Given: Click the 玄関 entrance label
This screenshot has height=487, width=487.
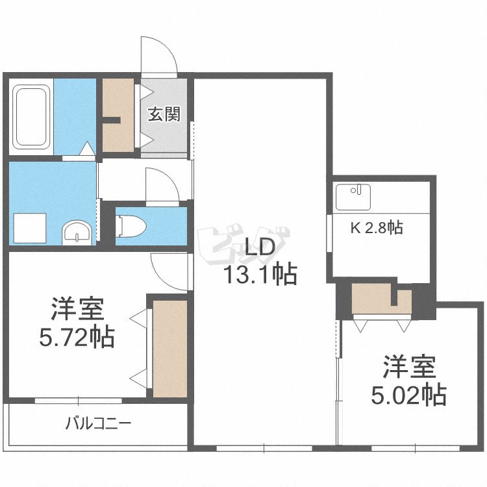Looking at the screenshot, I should click(164, 114).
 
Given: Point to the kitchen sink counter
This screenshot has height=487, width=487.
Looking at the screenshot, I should click(353, 197).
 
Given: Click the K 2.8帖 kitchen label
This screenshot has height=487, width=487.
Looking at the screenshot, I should click(377, 227).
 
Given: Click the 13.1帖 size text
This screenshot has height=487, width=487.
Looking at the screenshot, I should click(260, 275).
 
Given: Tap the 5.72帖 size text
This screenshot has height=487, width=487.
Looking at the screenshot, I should click(77, 336).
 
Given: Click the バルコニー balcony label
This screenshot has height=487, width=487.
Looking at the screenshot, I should click(99, 425).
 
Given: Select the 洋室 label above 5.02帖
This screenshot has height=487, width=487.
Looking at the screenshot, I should click(408, 368).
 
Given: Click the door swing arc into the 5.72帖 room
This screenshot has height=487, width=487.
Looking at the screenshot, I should click(168, 266).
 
